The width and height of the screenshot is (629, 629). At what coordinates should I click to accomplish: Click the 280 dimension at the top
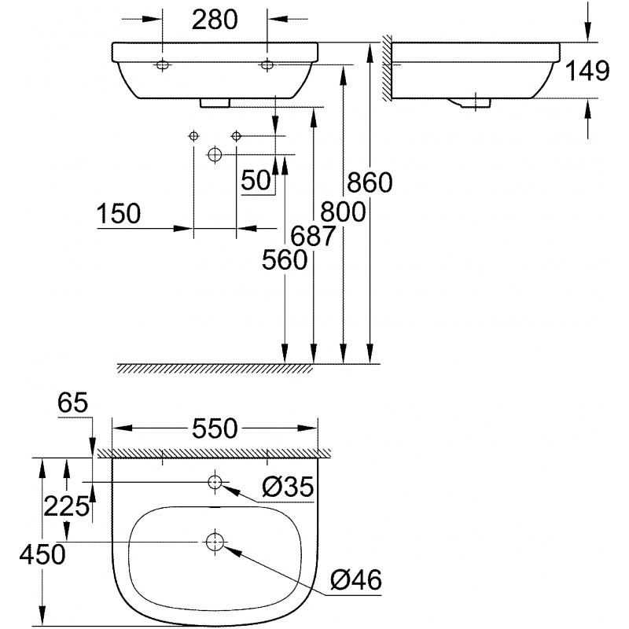[x=215, y=20]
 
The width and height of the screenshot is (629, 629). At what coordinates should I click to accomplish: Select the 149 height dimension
[x=587, y=71]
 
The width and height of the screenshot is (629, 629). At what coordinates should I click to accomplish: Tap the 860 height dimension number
[x=370, y=182]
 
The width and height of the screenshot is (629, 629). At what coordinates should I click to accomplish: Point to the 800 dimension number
[x=343, y=212]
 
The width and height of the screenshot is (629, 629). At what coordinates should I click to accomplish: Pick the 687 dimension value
[x=312, y=236]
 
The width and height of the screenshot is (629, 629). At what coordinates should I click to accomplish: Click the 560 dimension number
[x=285, y=259]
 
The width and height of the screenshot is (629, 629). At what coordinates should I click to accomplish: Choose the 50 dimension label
[x=256, y=180]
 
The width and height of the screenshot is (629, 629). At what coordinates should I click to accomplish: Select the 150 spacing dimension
[x=119, y=213]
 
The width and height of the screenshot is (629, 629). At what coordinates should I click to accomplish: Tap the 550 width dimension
[x=215, y=429]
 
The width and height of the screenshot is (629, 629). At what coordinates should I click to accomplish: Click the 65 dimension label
[x=72, y=403]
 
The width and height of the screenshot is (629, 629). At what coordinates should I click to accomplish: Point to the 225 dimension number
[x=66, y=506]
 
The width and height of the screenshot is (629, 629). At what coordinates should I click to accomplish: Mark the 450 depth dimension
[x=42, y=555]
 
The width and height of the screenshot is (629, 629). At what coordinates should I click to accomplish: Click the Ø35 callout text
[x=288, y=487]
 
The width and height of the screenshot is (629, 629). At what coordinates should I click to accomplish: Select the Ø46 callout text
[x=356, y=579]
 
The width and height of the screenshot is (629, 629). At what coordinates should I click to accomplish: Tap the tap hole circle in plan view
[x=215, y=482]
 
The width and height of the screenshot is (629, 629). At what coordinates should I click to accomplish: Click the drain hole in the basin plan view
[x=215, y=542]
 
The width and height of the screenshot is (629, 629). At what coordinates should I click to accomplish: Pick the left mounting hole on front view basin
[x=163, y=64]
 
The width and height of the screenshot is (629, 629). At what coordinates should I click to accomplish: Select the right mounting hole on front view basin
[x=267, y=64]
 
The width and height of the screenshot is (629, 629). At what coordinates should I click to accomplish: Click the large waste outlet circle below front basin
[x=215, y=154]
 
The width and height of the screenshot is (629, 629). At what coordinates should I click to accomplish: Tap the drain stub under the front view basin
[x=215, y=103]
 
